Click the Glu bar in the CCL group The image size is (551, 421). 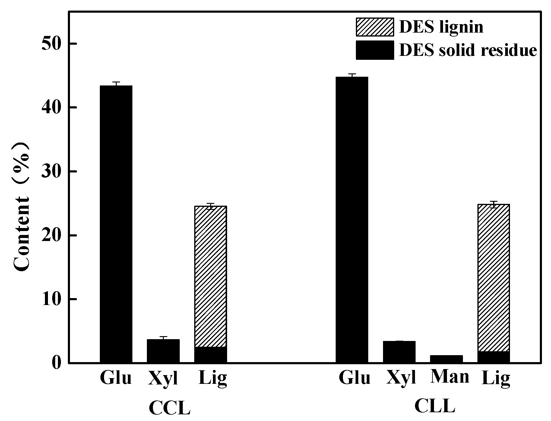pyautogui.click(x=116, y=223)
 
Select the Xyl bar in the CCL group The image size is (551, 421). pyautogui.click(x=163, y=351)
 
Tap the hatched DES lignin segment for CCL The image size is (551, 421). pyautogui.click(x=211, y=276)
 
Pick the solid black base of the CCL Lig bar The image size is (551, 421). pyautogui.click(x=211, y=355)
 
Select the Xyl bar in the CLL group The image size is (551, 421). pyautogui.click(x=399, y=352)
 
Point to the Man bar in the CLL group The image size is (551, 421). pyautogui.click(x=446, y=359)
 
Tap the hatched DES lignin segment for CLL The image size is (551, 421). pyautogui.click(x=493, y=278)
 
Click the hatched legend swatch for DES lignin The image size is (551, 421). pyautogui.click(x=375, y=27)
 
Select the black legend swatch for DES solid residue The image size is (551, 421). pyautogui.click(x=375, y=50)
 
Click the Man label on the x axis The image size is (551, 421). pyautogui.click(x=450, y=377)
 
